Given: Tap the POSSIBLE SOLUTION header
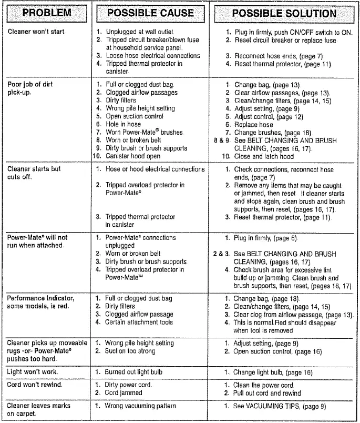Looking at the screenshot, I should pos(284,13).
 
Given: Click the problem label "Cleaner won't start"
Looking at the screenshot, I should pos(37,32).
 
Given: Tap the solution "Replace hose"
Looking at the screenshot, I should pos(253,125).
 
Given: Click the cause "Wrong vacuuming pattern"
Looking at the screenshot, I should pos(140,406).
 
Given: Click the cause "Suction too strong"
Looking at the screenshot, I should pos(130,351).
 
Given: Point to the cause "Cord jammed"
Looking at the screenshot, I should pos(124,393).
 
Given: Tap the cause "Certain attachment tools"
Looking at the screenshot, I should pos(139,322).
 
